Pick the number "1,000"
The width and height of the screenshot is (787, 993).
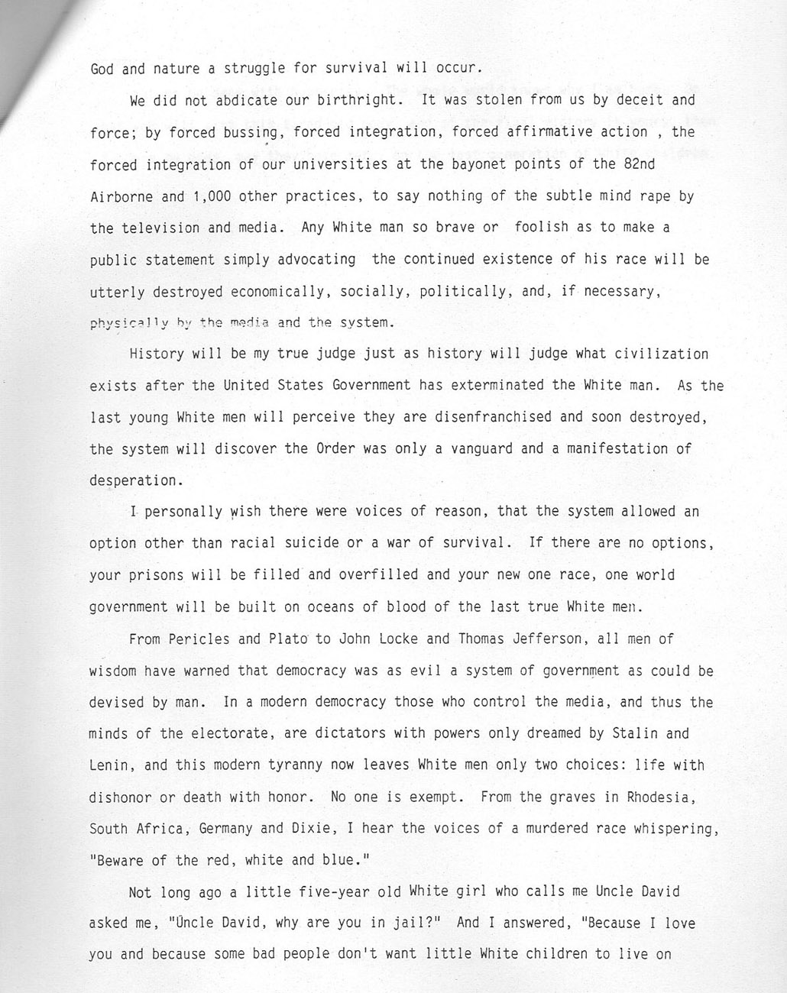210,196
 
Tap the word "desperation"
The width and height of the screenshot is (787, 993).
132,481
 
